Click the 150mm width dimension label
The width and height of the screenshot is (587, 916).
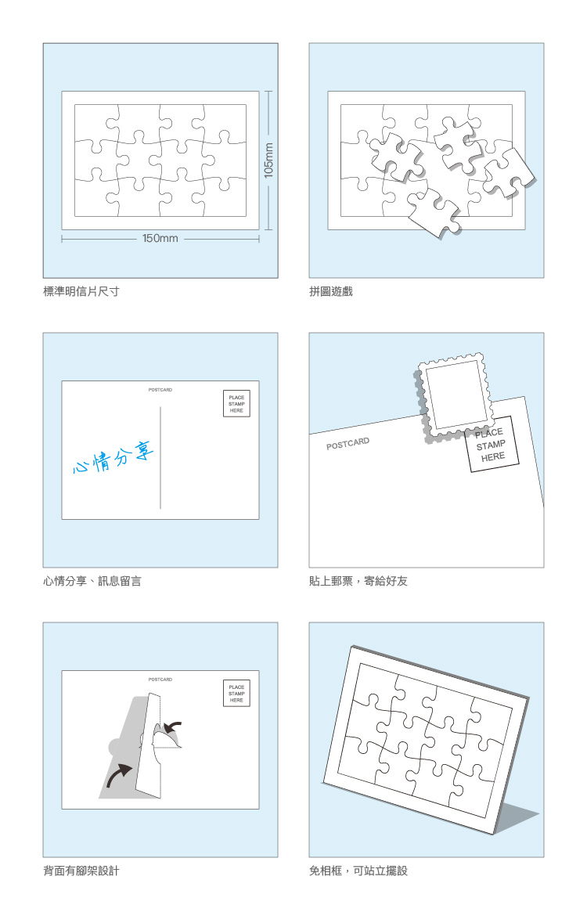coord(160,238)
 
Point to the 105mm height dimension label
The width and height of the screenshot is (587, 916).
coord(268,160)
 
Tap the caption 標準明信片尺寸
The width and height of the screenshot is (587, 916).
coord(81,291)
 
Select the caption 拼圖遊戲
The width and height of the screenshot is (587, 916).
coord(331,291)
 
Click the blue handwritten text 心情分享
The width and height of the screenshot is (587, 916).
coord(114,457)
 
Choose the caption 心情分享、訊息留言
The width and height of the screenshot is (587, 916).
coord(92,581)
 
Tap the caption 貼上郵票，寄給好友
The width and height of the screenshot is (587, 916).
coord(358,581)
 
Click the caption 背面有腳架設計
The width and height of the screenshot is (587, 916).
coord(81,871)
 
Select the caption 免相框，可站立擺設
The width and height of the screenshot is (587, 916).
coord(358,871)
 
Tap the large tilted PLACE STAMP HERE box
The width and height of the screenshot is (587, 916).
coord(492,445)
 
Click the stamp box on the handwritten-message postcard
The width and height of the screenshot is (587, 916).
coord(236,404)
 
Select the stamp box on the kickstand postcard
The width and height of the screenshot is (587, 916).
coord(236,694)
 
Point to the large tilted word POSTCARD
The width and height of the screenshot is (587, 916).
coord(348,443)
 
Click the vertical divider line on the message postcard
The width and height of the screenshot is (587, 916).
coord(160,457)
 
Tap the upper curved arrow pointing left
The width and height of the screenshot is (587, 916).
coord(173,728)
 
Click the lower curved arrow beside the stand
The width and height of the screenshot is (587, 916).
coord(118,777)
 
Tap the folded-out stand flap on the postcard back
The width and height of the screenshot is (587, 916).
coord(149,745)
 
